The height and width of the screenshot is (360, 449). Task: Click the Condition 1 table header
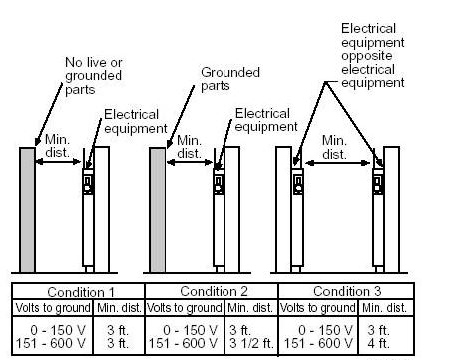click(x=79, y=292)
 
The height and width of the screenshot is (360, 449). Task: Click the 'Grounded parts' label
click(x=230, y=80)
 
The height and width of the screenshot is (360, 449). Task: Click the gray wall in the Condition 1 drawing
click(x=28, y=209)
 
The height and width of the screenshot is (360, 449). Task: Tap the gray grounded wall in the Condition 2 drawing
click(x=157, y=209)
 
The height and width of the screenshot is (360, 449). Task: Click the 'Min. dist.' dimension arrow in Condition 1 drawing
click(x=61, y=167)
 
